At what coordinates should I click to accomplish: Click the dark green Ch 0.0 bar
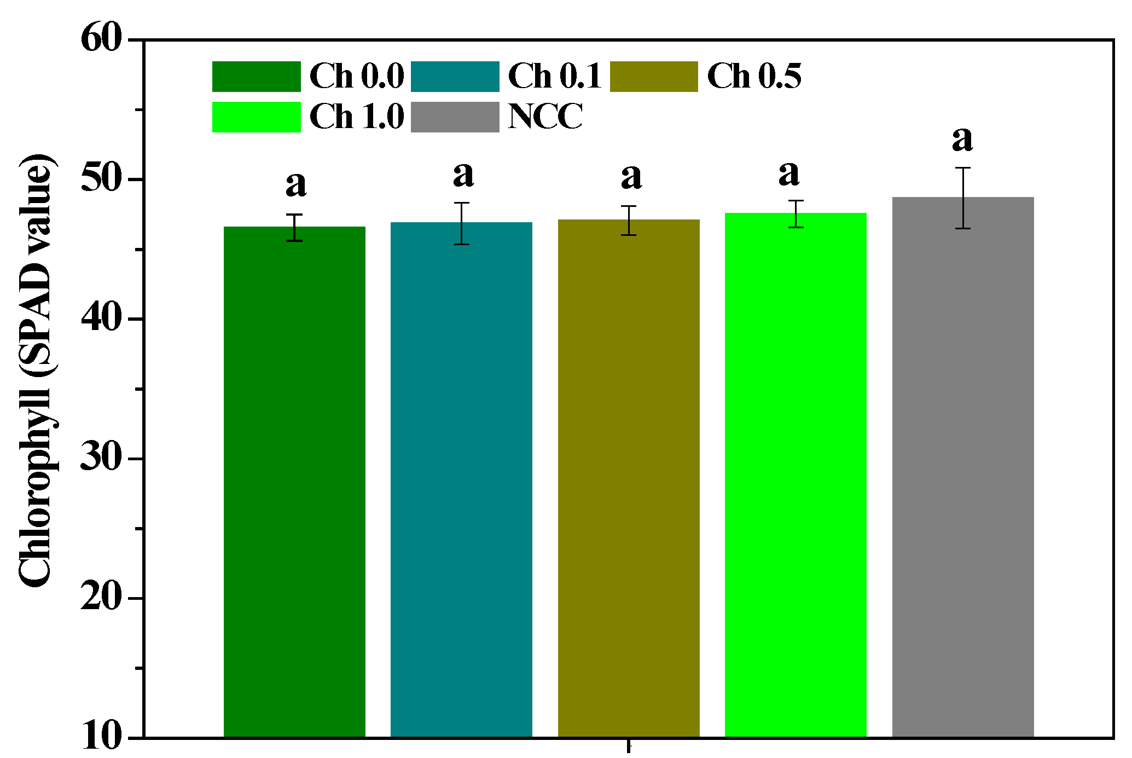pos(294,482)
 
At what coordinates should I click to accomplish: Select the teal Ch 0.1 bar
pos(461,479)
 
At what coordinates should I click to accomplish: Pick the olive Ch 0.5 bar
pos(629,478)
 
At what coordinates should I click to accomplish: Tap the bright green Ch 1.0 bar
pos(796,475)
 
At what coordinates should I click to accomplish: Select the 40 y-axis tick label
pos(101,319)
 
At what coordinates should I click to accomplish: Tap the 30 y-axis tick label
pos(101,458)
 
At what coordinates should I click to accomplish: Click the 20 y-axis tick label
pos(101,598)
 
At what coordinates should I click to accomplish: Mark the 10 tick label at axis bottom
pos(101,737)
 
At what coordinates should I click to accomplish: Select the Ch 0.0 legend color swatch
pos(256,76)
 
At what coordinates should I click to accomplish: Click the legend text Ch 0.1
pos(555,76)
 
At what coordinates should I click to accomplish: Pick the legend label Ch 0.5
pos(754,76)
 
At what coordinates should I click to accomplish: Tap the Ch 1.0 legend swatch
pos(256,117)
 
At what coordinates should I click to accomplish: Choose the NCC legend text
pos(545,117)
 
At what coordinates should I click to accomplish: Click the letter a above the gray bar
pos(962,140)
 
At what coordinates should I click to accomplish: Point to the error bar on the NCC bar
pos(963,198)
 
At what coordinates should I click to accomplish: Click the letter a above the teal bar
pos(463,175)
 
